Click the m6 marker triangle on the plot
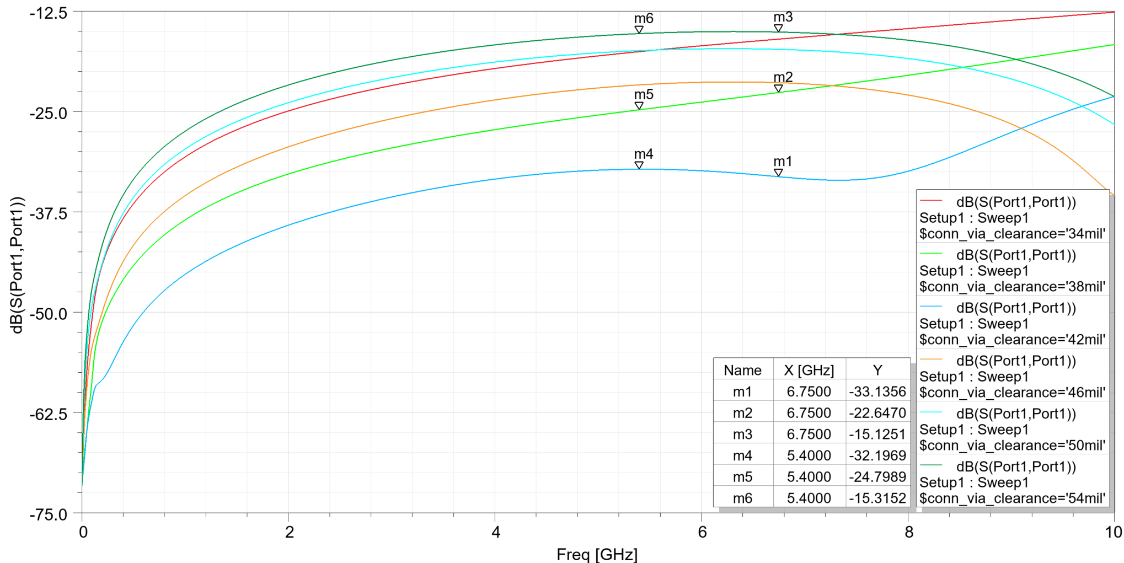[639, 30]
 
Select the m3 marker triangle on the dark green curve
[778, 28]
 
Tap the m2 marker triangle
[778, 88]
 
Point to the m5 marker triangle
[639, 106]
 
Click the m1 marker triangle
[778, 173]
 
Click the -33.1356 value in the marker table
[877, 392]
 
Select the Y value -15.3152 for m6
[877, 498]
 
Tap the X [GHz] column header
[809, 370]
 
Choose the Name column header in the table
[742, 370]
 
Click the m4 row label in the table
[742, 455]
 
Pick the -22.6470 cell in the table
[877, 413]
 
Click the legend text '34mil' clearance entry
[1012, 234]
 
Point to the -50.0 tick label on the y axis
[49, 314]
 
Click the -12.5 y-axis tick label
[49, 13]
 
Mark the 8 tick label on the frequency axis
[908, 532]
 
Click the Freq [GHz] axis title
[597, 554]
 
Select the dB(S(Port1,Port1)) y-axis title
[17, 265]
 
